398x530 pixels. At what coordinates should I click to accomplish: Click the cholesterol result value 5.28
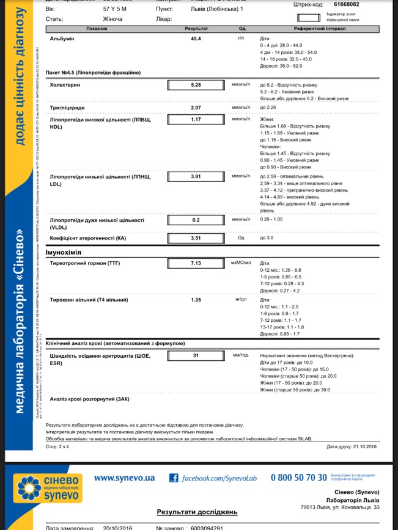pos(196,85)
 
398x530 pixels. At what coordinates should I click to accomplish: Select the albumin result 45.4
pos(196,38)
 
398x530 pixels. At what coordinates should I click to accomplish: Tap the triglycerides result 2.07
pos(196,108)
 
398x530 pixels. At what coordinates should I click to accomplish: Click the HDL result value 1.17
pos(196,119)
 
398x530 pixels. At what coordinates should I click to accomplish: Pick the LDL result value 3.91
pos(196,176)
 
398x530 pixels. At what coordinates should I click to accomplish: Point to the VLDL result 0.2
pos(196,220)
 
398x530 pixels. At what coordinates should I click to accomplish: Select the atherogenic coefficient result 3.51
pos(196,238)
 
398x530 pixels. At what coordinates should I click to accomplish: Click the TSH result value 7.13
pos(196,263)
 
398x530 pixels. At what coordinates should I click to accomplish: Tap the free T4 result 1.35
pos(196,300)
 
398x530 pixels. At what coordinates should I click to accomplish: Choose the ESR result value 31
pos(196,355)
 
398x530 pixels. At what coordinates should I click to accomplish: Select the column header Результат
pos(196,29)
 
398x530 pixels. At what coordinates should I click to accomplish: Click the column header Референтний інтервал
pos(319,29)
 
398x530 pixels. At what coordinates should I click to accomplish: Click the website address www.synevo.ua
pos(124,477)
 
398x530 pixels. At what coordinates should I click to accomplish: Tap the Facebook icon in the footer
pos(174,478)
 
